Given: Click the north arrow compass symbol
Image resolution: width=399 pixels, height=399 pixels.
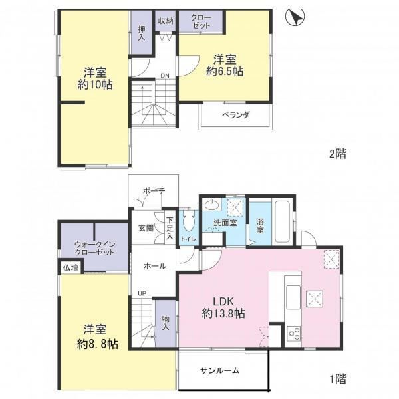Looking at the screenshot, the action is (x=295, y=17).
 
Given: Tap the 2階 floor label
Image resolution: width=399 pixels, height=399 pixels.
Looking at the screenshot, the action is (x=338, y=154).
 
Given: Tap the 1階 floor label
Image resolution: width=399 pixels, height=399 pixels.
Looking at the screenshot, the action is (x=338, y=379).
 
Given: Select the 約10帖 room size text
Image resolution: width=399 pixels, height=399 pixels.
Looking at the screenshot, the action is (x=95, y=85).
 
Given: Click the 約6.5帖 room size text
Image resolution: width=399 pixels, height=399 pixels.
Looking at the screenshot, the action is (x=225, y=72).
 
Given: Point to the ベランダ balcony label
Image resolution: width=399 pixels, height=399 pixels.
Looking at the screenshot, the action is (x=235, y=115).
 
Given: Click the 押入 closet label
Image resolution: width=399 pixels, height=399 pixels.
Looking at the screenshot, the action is (x=142, y=33).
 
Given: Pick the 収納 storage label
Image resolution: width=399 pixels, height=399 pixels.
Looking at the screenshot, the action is (x=166, y=21).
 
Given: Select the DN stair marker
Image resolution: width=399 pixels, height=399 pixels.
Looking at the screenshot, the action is (x=165, y=76).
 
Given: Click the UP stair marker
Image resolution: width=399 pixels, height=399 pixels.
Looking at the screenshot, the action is (x=142, y=293).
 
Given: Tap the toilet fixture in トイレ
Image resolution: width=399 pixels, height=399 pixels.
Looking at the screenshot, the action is (x=189, y=219).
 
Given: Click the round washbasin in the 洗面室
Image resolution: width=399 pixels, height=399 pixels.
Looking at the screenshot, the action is (x=212, y=204).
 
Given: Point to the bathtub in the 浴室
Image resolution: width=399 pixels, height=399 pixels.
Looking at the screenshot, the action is (x=282, y=221).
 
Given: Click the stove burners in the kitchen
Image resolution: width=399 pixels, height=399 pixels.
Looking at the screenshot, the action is (x=293, y=333).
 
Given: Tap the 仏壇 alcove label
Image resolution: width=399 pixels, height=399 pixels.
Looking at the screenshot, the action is (x=70, y=268).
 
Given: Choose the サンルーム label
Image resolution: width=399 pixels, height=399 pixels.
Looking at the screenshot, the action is (x=219, y=370).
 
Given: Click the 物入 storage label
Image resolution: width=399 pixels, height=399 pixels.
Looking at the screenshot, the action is (x=166, y=323).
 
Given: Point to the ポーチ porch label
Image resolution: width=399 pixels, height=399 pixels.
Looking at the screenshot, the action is (x=154, y=190).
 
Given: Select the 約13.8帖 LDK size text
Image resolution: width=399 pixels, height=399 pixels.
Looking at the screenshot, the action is (x=223, y=313).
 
